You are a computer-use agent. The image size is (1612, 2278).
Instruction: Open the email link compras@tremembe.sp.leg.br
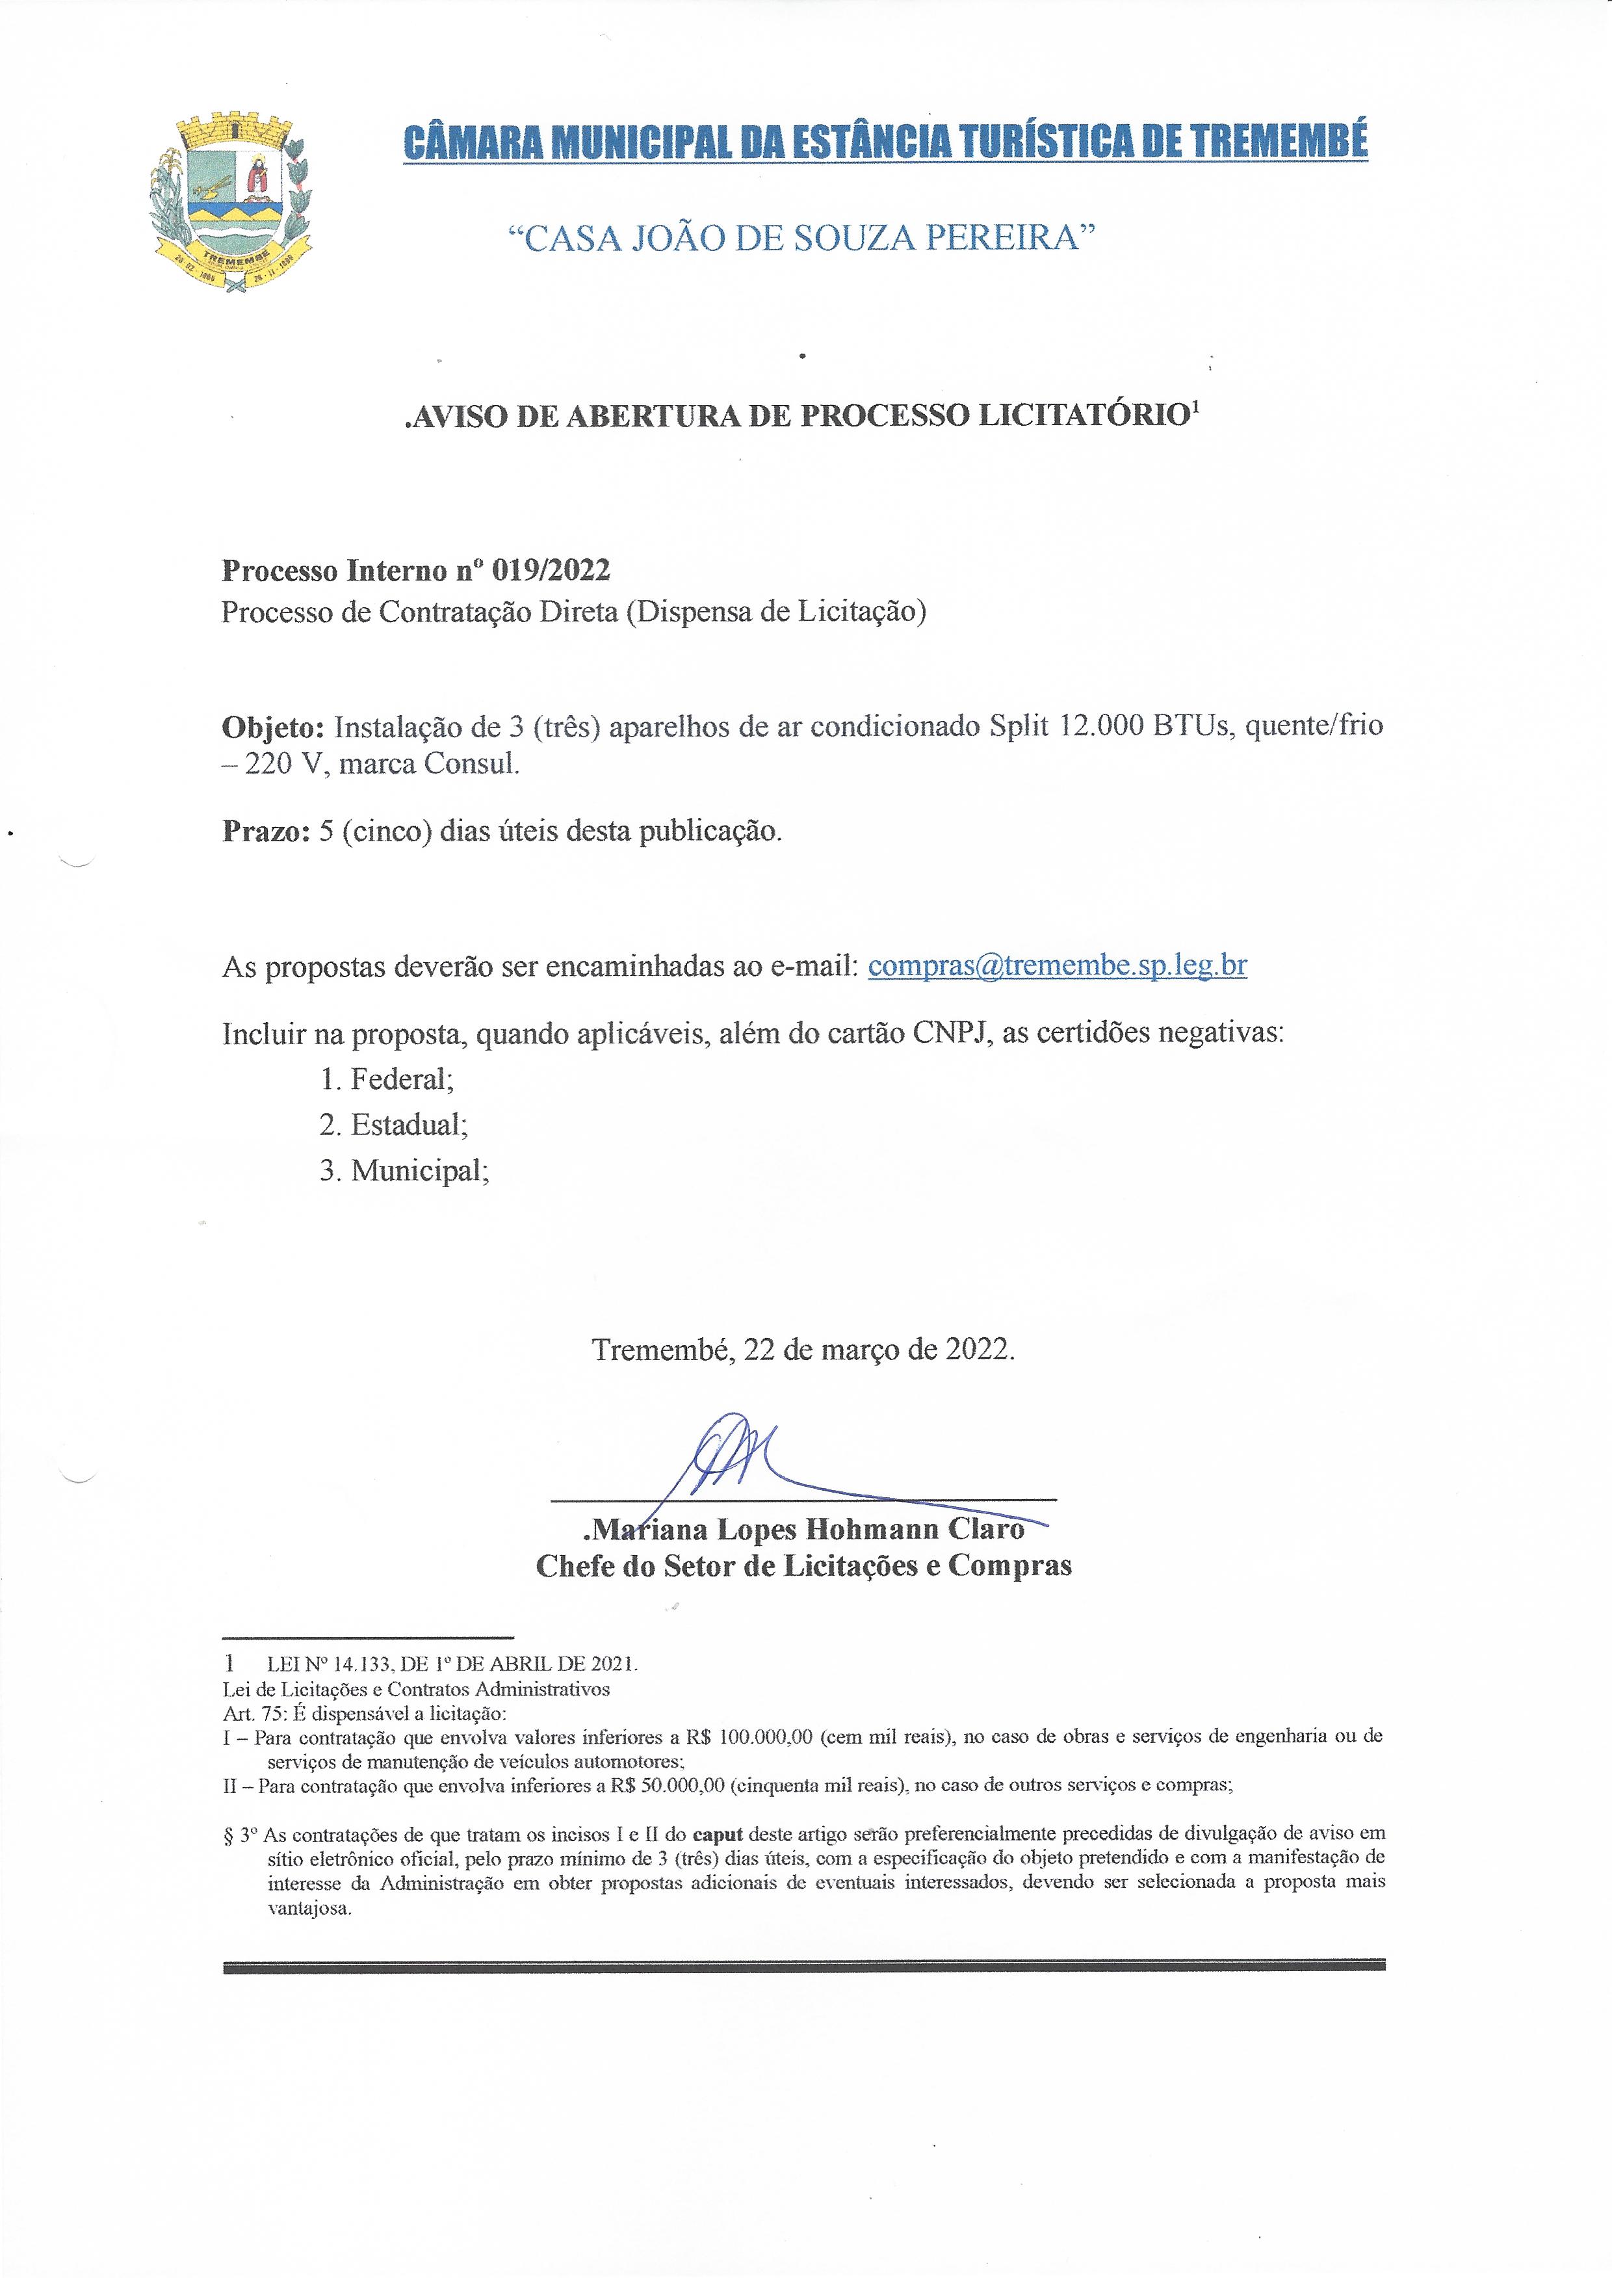1057,966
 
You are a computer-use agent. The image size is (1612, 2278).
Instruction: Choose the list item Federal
400,1079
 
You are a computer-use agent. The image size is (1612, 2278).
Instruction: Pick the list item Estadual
407,1125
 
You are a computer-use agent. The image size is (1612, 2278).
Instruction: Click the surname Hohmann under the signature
874,1528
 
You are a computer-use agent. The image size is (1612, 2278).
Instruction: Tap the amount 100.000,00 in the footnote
766,1737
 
